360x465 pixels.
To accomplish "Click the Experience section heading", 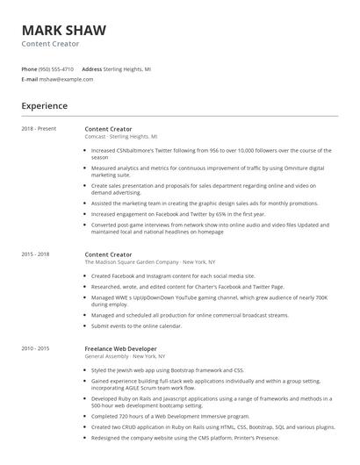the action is click(x=44, y=106).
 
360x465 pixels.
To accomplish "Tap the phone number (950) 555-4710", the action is click(x=56, y=68).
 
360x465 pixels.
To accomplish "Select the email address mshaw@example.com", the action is click(x=66, y=79).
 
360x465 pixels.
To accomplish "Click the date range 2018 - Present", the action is click(x=39, y=129).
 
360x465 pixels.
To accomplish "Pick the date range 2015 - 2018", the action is click(x=36, y=254).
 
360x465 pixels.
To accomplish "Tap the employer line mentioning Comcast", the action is click(x=121, y=137).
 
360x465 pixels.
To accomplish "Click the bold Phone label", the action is click(x=29, y=68).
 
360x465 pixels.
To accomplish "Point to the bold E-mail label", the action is click(x=29, y=79).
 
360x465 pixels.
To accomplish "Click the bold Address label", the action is click(x=91, y=68).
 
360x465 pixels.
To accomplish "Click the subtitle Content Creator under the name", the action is click(x=51, y=44).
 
